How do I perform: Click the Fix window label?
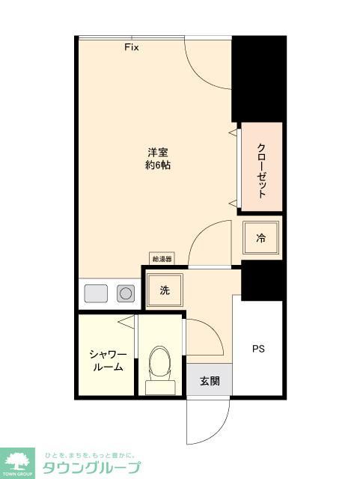132,47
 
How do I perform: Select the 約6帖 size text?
157,165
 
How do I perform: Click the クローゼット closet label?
261,170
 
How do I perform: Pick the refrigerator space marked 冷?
261,239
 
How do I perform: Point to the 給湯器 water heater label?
162,259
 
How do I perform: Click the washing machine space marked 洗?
164,290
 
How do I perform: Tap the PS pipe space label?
257,349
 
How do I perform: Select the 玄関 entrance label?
209,381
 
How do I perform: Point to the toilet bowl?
159,364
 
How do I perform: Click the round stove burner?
126,293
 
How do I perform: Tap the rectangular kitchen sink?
97,293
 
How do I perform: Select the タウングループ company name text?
91,469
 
